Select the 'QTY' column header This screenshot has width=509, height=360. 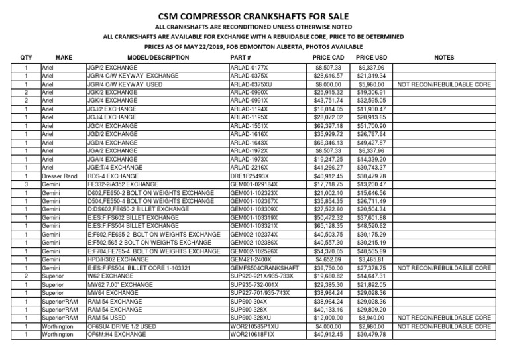click(x=25, y=58)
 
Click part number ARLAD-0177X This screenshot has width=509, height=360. click(x=249, y=68)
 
